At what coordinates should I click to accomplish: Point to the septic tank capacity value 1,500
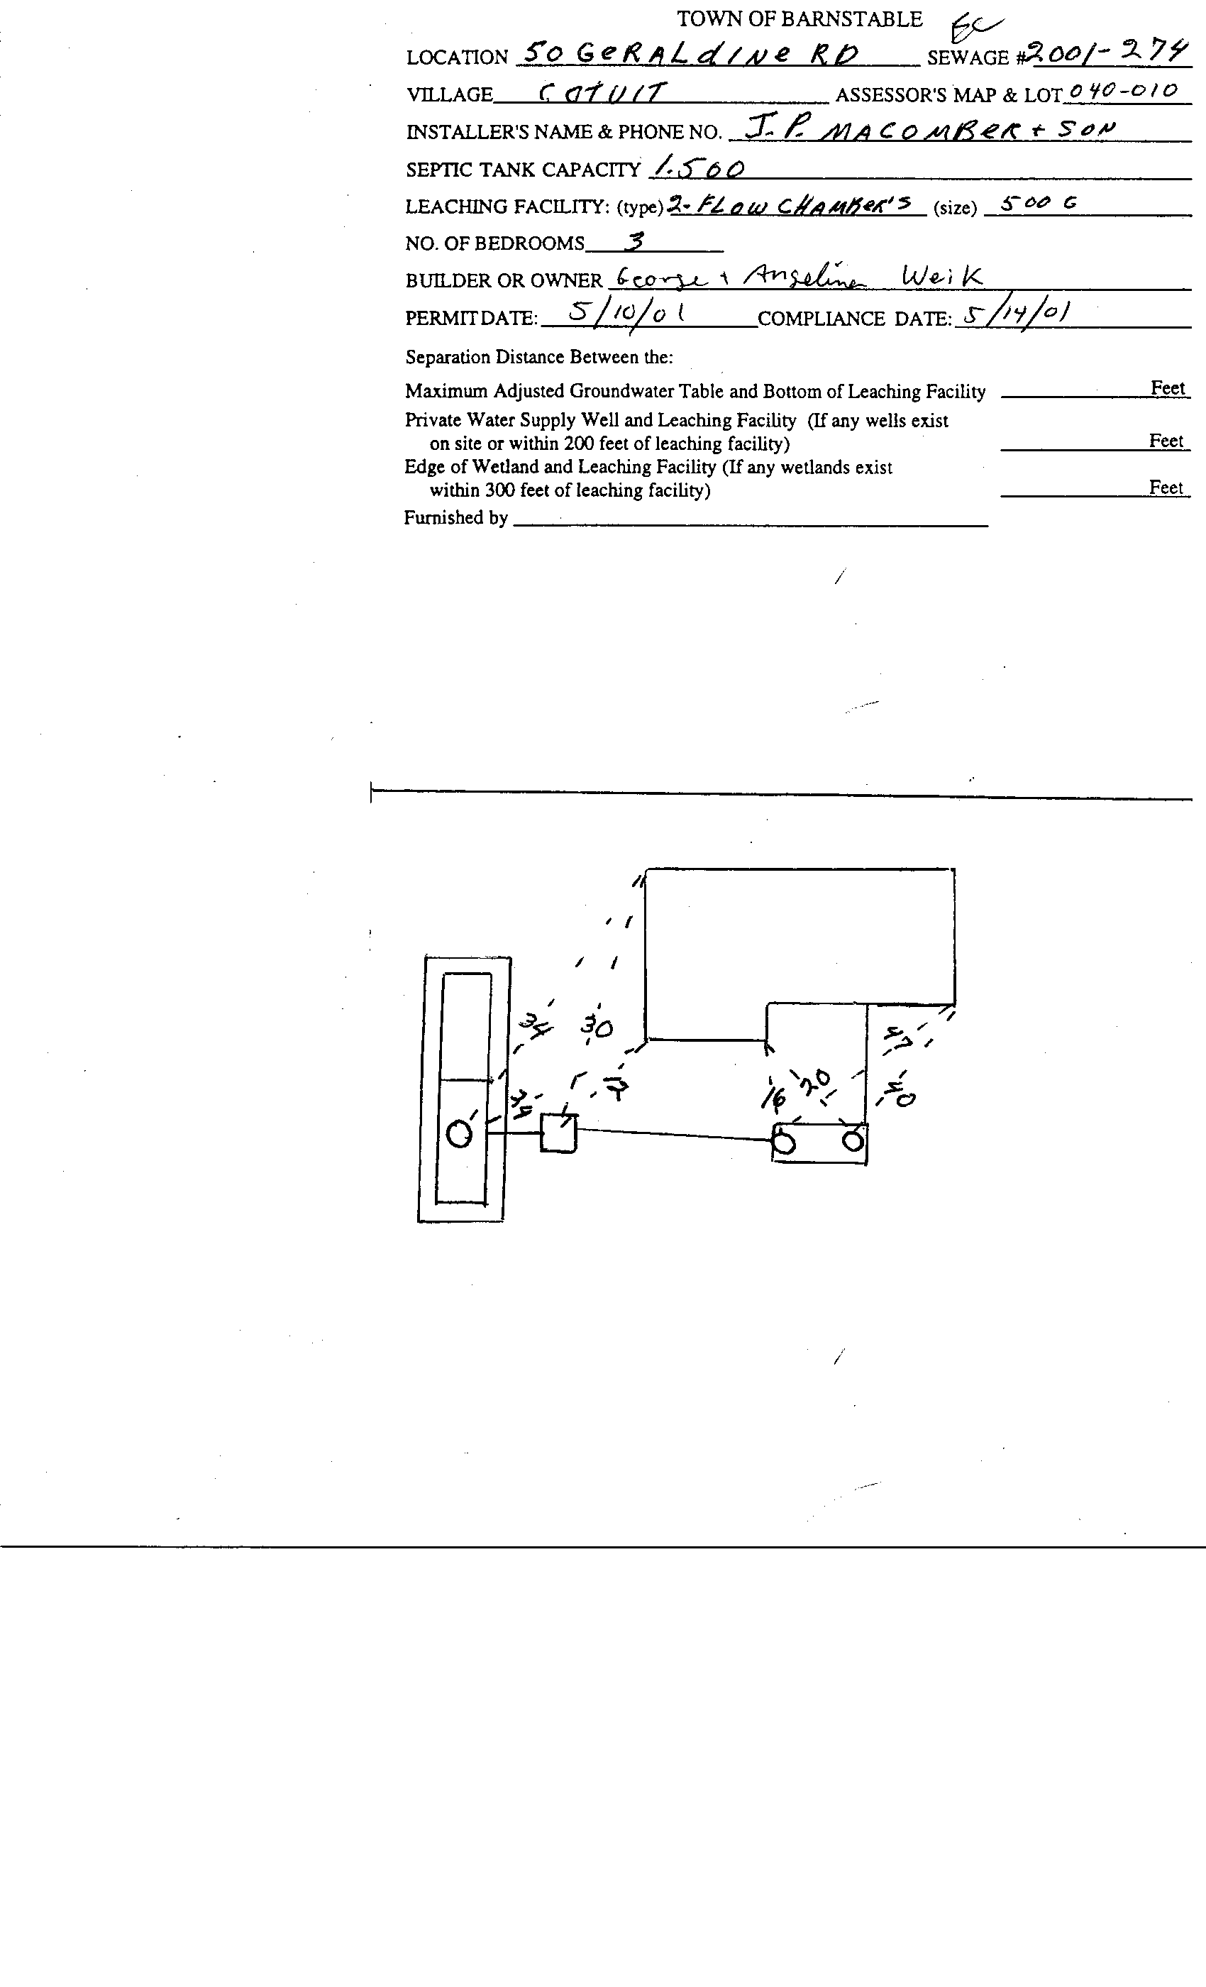(x=699, y=167)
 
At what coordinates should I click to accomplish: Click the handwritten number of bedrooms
(x=634, y=241)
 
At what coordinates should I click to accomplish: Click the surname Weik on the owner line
(x=941, y=277)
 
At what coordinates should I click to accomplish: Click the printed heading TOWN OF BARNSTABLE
(x=799, y=19)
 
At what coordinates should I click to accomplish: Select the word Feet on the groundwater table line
(x=1167, y=388)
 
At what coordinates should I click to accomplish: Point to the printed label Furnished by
(x=455, y=518)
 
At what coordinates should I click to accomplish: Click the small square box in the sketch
(x=558, y=1133)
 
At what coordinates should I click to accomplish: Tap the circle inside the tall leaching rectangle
(x=459, y=1135)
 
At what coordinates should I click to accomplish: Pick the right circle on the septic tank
(x=853, y=1141)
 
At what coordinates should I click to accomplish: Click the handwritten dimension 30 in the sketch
(x=597, y=1027)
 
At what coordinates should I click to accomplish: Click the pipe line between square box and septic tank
(x=673, y=1135)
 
